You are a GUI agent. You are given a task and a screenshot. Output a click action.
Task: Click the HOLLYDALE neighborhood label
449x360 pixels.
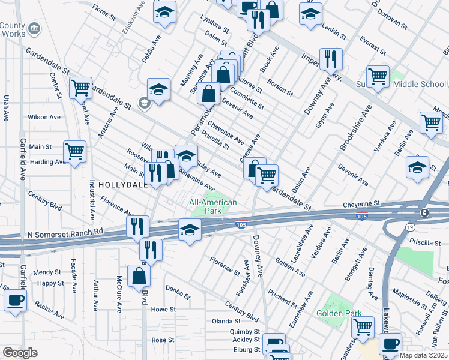[x=123, y=185]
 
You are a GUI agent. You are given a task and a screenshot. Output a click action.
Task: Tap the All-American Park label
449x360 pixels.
[x=213, y=207]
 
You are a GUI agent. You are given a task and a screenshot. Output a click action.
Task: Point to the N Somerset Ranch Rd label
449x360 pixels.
[x=65, y=231]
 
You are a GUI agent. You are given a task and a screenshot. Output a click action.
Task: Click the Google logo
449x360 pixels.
[x=20, y=353]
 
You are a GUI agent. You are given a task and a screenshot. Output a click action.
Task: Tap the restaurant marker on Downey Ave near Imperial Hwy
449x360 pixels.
[x=331, y=58]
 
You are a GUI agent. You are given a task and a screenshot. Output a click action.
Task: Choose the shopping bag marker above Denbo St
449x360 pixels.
[x=139, y=275]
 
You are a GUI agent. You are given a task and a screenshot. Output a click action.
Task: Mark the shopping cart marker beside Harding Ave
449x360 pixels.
[x=74, y=151]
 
